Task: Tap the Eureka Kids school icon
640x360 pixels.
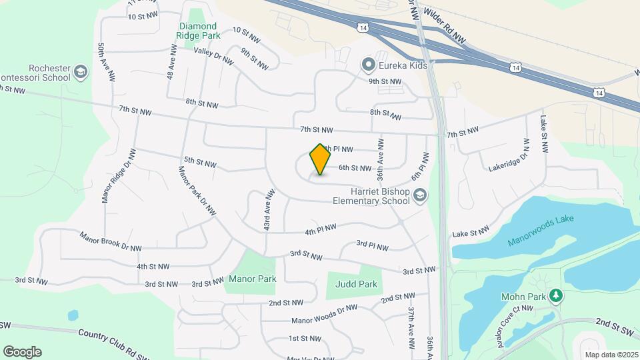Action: (x=367, y=65)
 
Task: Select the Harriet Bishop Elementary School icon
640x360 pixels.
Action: (x=419, y=195)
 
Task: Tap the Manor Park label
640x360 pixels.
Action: (x=253, y=279)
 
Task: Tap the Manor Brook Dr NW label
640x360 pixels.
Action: (x=111, y=241)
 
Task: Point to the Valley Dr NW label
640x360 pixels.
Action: (x=213, y=55)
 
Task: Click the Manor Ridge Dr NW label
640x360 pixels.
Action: (x=119, y=175)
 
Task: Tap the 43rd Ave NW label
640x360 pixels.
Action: (x=268, y=210)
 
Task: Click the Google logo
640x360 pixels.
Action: (x=22, y=352)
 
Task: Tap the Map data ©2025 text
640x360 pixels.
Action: (x=610, y=355)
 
